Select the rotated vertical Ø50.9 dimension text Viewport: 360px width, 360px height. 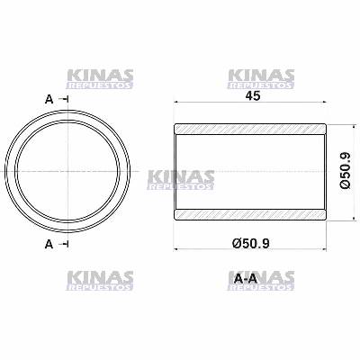[x=345, y=171]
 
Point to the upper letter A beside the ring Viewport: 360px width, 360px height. [x=47, y=99]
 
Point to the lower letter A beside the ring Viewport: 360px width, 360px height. [x=47, y=244]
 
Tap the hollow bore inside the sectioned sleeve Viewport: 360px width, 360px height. [x=249, y=171]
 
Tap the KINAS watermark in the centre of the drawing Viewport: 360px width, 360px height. [x=180, y=179]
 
